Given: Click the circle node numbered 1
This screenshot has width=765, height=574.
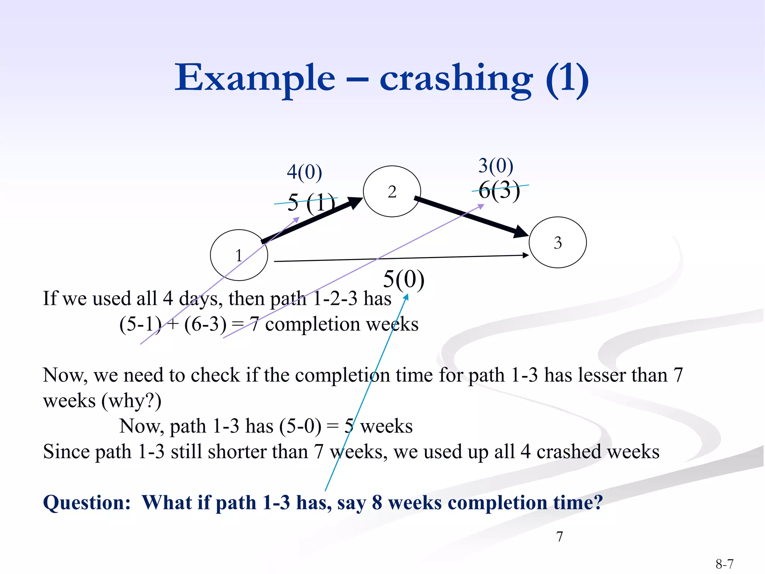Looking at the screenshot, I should pos(239,255).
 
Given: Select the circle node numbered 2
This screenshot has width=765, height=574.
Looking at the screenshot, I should pos(392,191).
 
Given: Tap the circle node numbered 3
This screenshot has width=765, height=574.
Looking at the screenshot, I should pos(558,243).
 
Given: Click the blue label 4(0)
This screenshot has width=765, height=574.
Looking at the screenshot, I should pos(304,172).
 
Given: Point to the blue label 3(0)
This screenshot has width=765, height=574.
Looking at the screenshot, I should pos(496,166).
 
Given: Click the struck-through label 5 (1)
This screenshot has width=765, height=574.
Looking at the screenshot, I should pos(311,203).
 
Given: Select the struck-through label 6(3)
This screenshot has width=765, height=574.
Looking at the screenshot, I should pos(499,190).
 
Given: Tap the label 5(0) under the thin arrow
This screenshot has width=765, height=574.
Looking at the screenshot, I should pos(404,279).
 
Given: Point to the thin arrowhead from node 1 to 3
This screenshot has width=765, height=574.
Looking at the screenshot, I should pos(526,255).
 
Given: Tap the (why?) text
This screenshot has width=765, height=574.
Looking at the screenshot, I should pos(131,401).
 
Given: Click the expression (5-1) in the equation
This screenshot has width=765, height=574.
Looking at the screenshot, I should pos(140,324).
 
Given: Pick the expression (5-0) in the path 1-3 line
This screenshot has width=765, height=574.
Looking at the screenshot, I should pos(300,426).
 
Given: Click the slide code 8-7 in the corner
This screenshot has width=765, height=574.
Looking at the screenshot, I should pos(724,564).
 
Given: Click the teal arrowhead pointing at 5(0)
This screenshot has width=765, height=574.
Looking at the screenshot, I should pos(406,297).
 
